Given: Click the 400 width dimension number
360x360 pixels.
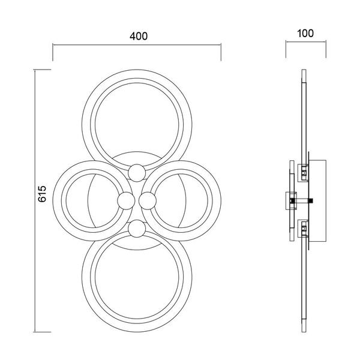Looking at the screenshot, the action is tap(139, 36).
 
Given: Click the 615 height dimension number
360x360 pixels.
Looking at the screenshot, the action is tap(42, 194).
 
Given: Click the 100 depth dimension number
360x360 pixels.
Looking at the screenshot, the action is tap(305, 34).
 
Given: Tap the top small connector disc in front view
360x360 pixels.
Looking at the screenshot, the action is tap(137, 173).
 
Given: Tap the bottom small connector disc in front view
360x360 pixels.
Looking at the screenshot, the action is tap(137, 229).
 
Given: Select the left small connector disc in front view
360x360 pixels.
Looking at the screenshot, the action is tap(126, 201).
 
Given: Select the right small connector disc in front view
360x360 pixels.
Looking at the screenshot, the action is tap(148, 201).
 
